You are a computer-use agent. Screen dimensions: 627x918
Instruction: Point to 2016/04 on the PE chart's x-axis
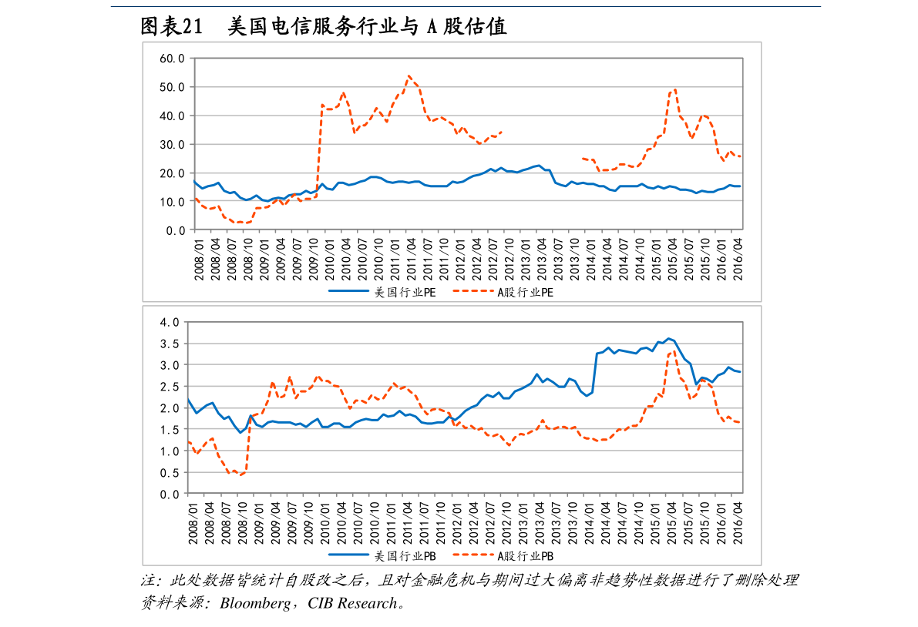(738, 259)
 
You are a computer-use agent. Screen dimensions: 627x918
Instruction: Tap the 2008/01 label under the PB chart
(193, 523)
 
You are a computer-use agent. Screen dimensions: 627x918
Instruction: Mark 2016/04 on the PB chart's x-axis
(738, 523)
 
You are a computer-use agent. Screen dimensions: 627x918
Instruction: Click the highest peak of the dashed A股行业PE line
(409, 75)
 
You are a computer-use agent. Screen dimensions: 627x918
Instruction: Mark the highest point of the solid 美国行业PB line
(668, 338)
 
